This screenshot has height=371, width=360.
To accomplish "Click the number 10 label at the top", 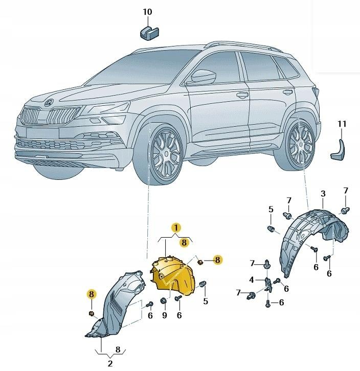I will (x=147, y=11).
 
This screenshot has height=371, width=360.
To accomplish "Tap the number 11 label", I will (x=342, y=124).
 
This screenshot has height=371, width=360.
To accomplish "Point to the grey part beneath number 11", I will (x=339, y=148).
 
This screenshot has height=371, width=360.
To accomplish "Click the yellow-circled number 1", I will (x=175, y=228).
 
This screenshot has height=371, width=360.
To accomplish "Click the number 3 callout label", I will (x=323, y=194).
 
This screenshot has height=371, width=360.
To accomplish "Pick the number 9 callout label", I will (x=165, y=316).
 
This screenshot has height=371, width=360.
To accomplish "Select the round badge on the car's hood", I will (x=49, y=103).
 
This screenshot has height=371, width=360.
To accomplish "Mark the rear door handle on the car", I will (x=288, y=92).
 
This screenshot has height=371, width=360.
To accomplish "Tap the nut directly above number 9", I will (x=163, y=300).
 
